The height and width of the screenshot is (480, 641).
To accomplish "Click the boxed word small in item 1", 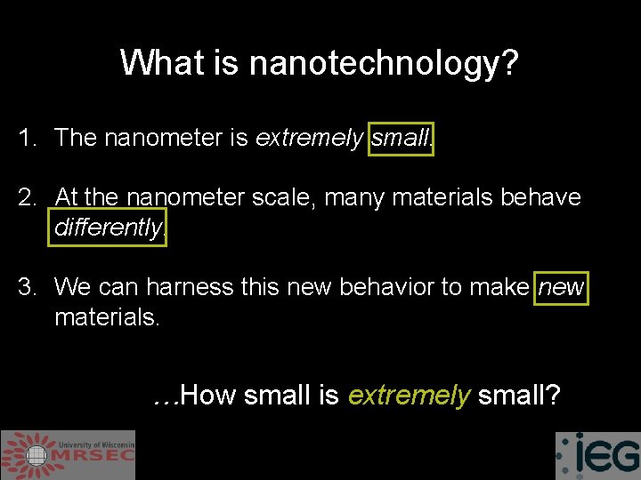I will coord(402,138).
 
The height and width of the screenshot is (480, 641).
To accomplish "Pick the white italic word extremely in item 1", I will coord(309,139).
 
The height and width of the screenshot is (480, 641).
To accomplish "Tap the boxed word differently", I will coord(110,228).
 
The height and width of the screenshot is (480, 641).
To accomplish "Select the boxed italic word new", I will coord(561,286).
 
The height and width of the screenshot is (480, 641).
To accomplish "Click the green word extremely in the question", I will coord(409,396).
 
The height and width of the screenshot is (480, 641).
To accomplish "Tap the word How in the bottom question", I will coord(208,395).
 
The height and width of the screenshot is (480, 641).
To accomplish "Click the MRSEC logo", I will coord(68,455).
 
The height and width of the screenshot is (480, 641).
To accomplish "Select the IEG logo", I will coord(597,455).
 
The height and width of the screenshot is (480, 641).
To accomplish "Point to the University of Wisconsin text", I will coord(96,444).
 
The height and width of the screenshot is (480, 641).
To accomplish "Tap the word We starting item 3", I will coord(71,286).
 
